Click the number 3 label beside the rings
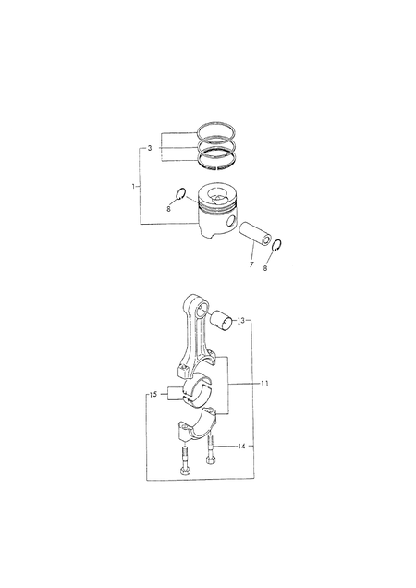[150, 148]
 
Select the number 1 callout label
[133, 187]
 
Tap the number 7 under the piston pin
[251, 264]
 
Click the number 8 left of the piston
[168, 209]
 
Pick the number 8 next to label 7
[264, 268]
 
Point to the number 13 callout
[241, 321]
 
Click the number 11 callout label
[264, 384]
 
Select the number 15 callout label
[153, 395]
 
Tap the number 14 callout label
[241, 447]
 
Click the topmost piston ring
[217, 123]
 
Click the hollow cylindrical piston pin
[255, 233]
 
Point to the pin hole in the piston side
[232, 221]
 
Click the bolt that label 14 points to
[210, 449]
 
